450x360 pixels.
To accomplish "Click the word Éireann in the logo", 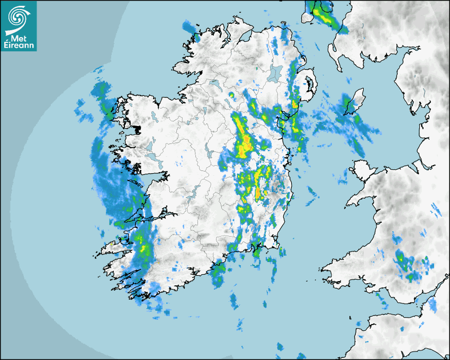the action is coord(19,46).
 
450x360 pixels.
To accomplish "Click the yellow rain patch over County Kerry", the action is coord(142,244).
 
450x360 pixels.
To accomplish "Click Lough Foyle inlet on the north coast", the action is coord(245,36).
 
